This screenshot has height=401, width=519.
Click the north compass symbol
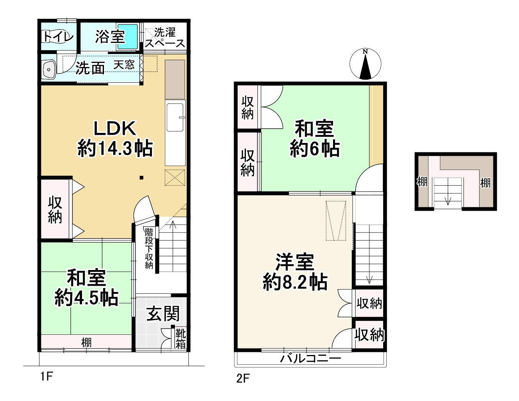click(x=365, y=64)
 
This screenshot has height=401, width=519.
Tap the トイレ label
click(x=58, y=36)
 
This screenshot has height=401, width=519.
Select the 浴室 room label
click(x=110, y=37)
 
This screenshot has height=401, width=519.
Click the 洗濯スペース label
click(x=165, y=38)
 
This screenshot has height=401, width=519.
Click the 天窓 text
click(x=124, y=65)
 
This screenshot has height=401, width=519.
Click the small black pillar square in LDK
click(x=142, y=177)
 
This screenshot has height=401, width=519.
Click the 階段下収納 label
click(x=149, y=248)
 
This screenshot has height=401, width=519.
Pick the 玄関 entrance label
click(x=163, y=314)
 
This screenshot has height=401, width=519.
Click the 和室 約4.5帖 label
click(x=86, y=287)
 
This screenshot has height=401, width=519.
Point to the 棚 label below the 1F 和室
click(x=86, y=342)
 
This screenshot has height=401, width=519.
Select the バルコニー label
click(x=310, y=359)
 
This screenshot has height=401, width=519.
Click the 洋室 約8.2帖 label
click(x=295, y=272)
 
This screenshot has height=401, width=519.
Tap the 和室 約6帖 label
click(x=314, y=139)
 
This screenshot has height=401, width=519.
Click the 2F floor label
click(x=243, y=378)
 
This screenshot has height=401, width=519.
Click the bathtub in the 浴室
click(x=127, y=37)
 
